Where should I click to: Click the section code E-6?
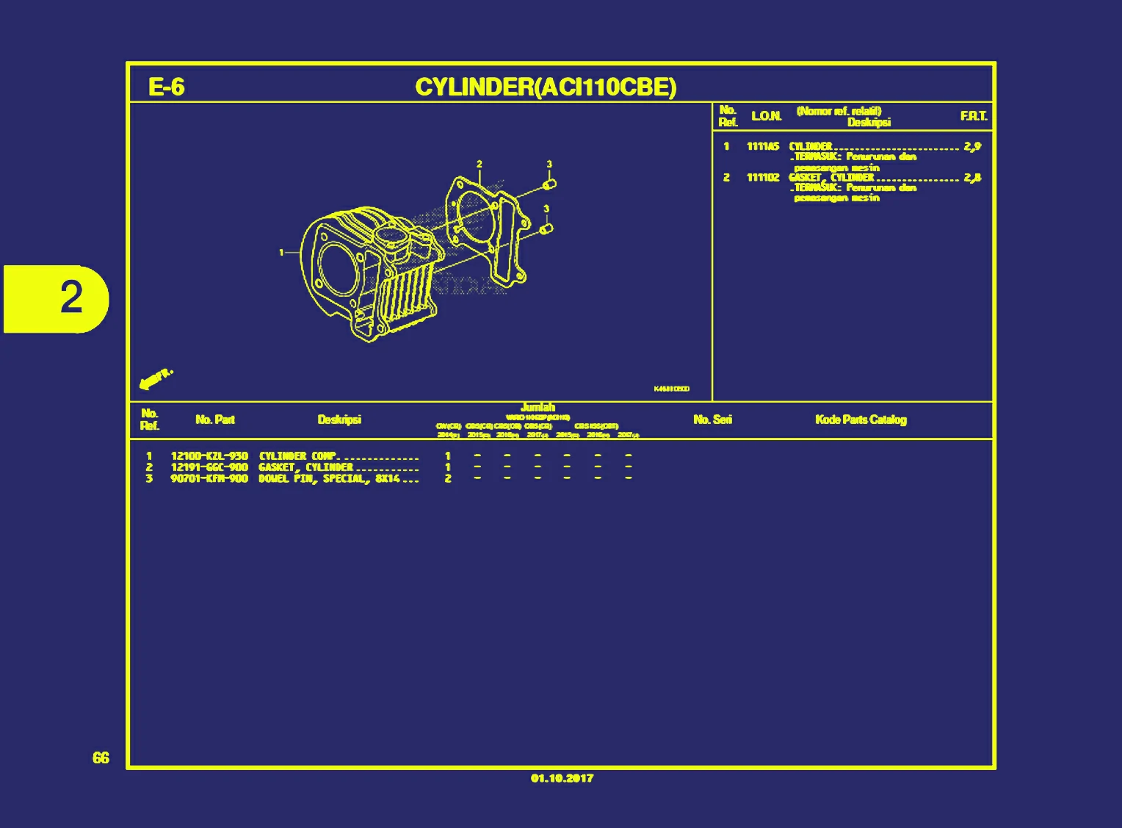coord(166,87)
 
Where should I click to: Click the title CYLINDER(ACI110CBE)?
coord(546,87)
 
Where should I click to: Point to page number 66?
coord(101,757)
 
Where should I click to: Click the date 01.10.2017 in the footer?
coord(562,778)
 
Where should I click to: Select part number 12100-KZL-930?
coord(209,456)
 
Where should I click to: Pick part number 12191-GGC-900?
coord(209,467)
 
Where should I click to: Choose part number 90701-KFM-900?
coord(209,478)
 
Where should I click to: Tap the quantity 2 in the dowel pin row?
coord(448,478)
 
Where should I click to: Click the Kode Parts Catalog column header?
coord(861,420)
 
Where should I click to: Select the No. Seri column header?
coord(712,420)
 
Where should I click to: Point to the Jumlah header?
coord(538,407)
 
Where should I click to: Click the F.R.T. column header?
coord(974,116)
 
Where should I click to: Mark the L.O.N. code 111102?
coord(763,178)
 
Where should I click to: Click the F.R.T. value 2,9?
coord(973,146)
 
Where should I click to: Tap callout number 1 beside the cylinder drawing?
coord(281,252)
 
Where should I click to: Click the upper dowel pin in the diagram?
coord(550,183)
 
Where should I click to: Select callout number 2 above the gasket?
coord(479,164)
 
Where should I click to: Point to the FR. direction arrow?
coord(155,379)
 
